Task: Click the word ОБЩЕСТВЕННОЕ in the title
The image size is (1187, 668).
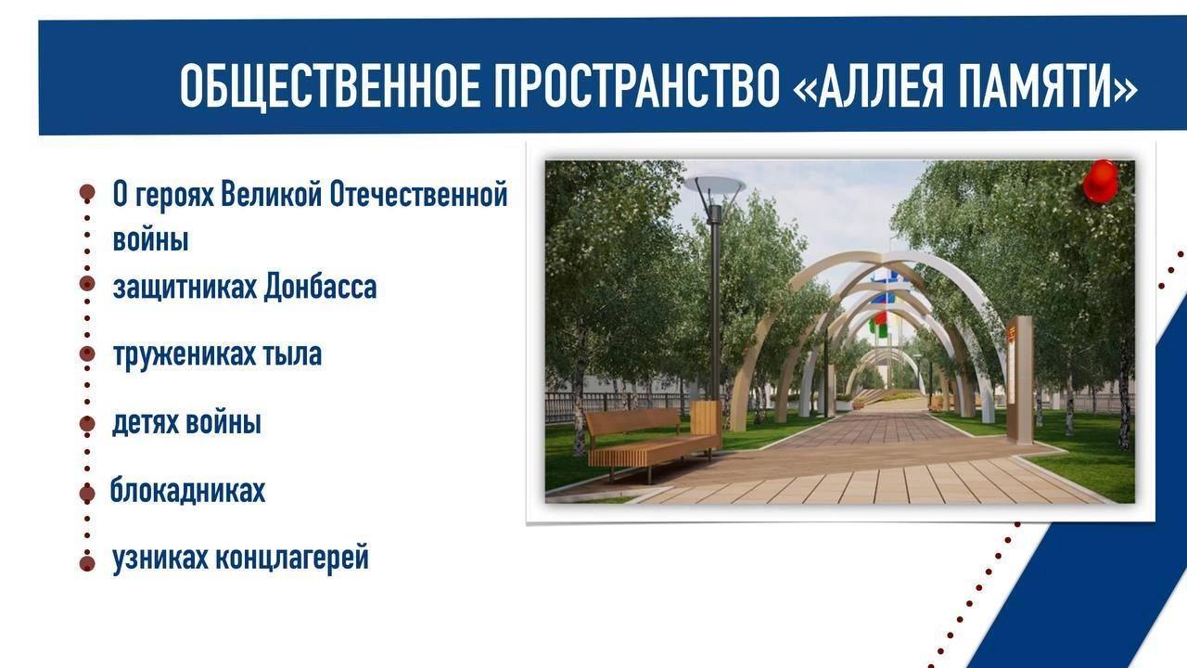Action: [329, 85]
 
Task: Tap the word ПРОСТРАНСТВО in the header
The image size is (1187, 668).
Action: [637, 85]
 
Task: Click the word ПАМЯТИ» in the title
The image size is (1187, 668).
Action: [1049, 85]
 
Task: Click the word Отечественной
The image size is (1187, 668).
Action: [418, 194]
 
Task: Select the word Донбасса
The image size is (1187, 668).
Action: [320, 288]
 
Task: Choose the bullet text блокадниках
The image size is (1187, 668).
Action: [187, 490]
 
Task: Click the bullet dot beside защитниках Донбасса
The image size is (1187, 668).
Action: [87, 283]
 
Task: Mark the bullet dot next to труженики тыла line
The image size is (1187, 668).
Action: [87, 353]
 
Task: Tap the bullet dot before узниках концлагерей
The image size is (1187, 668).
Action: [87, 563]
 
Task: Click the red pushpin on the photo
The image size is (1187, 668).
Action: [1101, 181]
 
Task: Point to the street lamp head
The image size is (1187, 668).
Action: [714, 186]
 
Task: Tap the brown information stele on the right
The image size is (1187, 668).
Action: [1019, 379]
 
